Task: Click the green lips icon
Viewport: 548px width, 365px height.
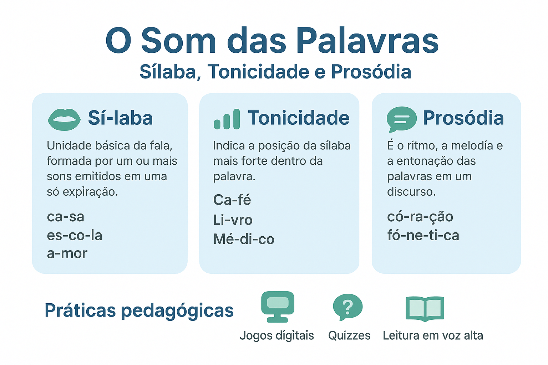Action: pyautogui.click(x=64, y=119)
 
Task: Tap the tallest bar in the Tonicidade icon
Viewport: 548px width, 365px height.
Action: pyautogui.click(x=237, y=119)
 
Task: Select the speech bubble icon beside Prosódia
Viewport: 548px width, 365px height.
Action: pyautogui.click(x=401, y=119)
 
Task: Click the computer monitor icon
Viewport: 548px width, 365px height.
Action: pyautogui.click(x=278, y=307)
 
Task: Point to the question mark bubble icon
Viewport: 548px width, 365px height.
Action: pyautogui.click(x=347, y=307)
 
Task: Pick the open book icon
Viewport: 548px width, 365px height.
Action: pyautogui.click(x=425, y=309)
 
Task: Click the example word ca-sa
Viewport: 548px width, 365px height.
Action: pyautogui.click(x=66, y=217)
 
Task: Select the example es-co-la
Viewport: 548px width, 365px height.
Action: pyautogui.click(x=74, y=235)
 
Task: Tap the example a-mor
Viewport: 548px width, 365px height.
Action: pyautogui.click(x=67, y=253)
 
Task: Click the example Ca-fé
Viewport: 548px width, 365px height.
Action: pyautogui.click(x=232, y=200)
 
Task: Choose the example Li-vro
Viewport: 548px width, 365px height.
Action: pyautogui.click(x=233, y=220)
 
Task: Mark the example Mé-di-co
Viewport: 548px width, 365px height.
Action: pyautogui.click(x=244, y=239)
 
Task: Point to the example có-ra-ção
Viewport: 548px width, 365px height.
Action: pyautogui.click(x=420, y=216)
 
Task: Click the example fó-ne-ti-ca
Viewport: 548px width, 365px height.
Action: pyautogui.click(x=423, y=235)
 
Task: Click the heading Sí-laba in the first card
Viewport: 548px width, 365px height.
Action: pyautogui.click(x=120, y=118)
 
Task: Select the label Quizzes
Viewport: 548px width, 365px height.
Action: pyautogui.click(x=349, y=335)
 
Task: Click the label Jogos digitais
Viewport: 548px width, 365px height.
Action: pyautogui.click(x=277, y=336)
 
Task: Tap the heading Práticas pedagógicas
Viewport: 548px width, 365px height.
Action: pyautogui.click(x=139, y=310)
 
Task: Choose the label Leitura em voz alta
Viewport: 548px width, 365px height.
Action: pyautogui.click(x=433, y=335)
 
